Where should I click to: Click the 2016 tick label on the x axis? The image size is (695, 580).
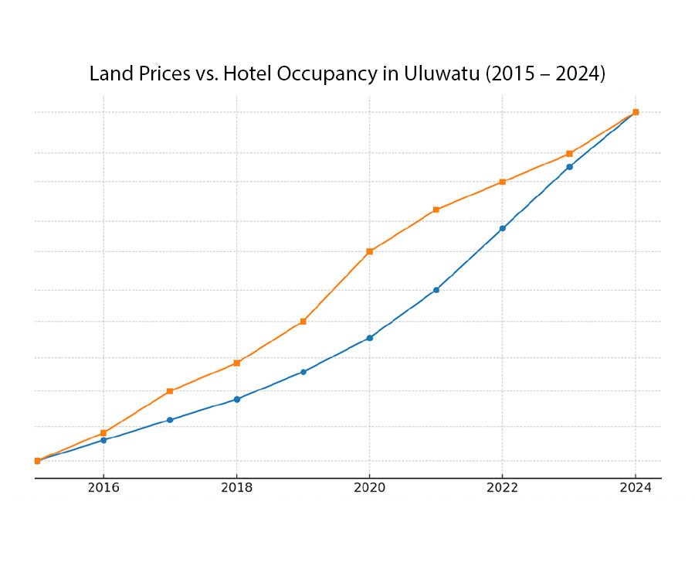103,488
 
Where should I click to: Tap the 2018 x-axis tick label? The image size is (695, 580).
236,488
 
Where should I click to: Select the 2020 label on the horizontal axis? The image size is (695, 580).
369,488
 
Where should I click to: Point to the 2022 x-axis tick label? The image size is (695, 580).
503,488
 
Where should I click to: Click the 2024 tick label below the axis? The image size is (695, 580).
636,488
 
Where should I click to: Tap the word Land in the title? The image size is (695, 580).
109,74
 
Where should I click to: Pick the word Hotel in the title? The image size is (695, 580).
246,74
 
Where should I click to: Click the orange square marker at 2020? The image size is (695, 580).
369,251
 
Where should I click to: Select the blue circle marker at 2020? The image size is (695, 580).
369,338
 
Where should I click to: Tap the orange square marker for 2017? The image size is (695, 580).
170,391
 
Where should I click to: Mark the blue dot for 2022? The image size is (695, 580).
503,228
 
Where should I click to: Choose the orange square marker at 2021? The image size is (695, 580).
436,210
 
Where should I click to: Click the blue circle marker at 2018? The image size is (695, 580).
236,399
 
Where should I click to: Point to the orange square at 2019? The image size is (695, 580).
303,322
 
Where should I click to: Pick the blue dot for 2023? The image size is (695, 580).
569,166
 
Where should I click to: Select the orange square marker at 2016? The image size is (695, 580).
103,433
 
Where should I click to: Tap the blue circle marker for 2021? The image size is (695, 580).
436,290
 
